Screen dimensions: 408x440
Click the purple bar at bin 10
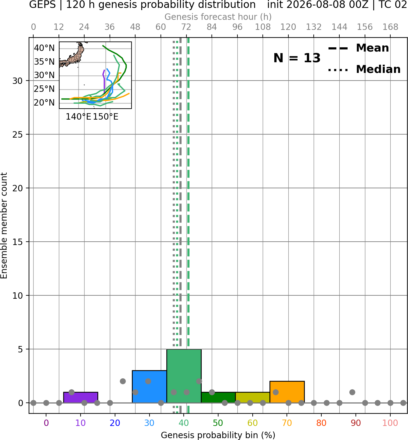point(81,397)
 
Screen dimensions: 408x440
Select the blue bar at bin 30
point(149,387)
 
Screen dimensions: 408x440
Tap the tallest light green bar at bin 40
point(184,376)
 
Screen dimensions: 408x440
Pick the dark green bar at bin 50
point(218,398)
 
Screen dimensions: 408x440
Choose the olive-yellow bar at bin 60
point(253,398)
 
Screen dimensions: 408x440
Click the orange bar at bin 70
point(287,392)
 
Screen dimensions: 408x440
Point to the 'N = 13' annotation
point(297,58)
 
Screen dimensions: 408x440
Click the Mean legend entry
point(358,48)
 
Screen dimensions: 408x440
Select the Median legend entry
point(364,69)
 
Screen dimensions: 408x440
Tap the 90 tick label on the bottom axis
point(356,423)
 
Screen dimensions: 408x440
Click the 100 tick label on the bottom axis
point(390,423)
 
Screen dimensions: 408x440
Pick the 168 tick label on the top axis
point(390,27)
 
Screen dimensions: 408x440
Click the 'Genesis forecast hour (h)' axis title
point(218,17)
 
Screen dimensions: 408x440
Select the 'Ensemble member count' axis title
point(4,225)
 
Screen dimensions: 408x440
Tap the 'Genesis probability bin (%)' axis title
point(218,435)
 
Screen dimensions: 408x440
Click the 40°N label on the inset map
point(44,48)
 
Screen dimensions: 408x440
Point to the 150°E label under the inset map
point(106,117)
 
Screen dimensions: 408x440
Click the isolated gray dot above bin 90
point(352,392)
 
